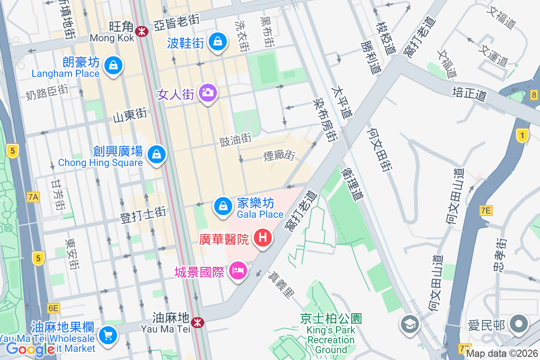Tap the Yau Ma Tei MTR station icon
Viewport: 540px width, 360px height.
click(x=197, y=322)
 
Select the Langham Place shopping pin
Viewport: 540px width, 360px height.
click(x=113, y=66)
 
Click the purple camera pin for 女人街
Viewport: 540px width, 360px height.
click(x=207, y=93)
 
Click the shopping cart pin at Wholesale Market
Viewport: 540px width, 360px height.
click(x=108, y=335)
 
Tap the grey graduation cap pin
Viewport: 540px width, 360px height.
click(x=409, y=324)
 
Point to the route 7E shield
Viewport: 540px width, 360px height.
click(x=486, y=210)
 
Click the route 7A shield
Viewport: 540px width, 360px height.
click(x=33, y=197)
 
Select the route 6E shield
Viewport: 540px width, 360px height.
click(x=53, y=308)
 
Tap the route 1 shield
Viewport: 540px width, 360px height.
click(x=522, y=135)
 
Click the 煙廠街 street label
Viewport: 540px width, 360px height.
click(x=279, y=156)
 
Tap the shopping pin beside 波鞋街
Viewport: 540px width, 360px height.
click(x=218, y=41)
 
